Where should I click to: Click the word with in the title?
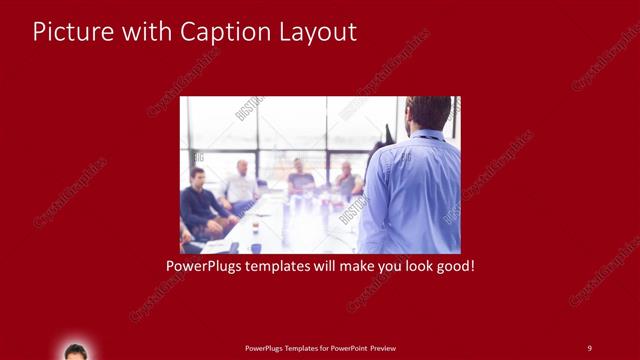coord(145,31)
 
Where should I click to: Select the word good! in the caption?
coord(452,268)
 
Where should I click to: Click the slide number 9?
coord(589,347)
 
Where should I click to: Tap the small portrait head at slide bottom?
coord(75,351)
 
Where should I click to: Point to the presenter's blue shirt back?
coord(415,195)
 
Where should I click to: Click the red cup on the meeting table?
coord(256,228)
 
